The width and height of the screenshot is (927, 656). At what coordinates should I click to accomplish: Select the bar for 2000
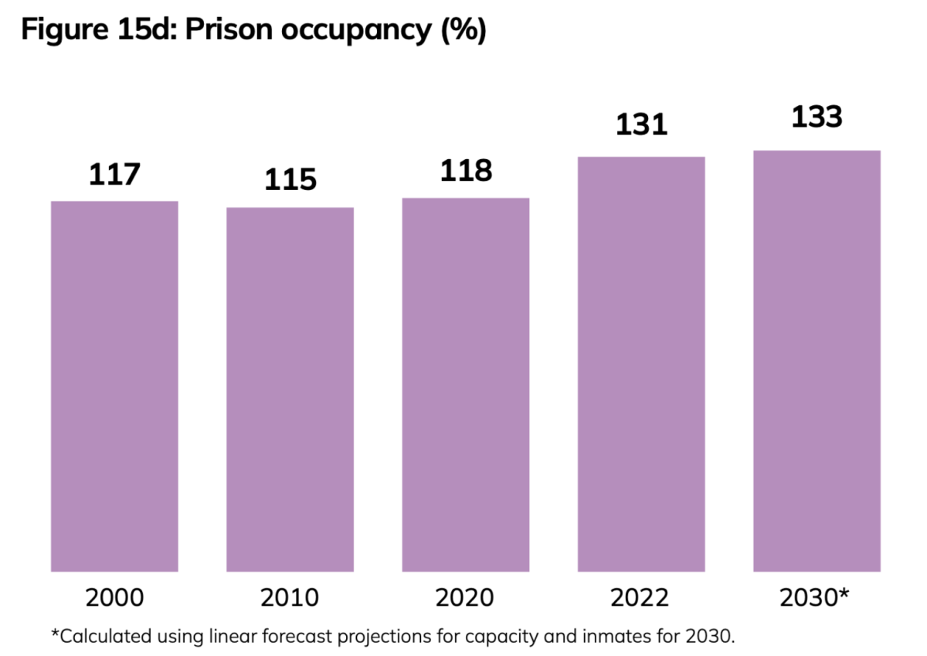coord(114,386)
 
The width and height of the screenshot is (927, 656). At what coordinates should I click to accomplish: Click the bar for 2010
coord(290,389)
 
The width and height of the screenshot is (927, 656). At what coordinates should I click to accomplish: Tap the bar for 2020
coord(465,385)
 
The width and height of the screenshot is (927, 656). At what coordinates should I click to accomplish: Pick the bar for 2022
coord(641,364)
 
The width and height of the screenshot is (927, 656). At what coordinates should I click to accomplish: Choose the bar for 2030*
coord(817,361)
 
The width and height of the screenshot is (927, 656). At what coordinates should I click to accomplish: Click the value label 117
coord(114,174)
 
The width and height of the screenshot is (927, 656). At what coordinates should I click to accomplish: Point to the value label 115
coord(290,179)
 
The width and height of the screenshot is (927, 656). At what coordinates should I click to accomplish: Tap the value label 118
coord(466,171)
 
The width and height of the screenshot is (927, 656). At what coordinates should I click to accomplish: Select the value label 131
coord(641,125)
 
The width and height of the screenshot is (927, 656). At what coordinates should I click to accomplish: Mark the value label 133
coord(817,117)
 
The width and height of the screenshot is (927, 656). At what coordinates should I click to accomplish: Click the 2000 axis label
coord(114,597)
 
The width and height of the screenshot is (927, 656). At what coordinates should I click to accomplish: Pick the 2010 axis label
coord(290,597)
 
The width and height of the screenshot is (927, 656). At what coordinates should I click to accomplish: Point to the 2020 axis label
coord(465,597)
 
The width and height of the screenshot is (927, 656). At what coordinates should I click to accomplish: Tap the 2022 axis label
coord(641,597)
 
